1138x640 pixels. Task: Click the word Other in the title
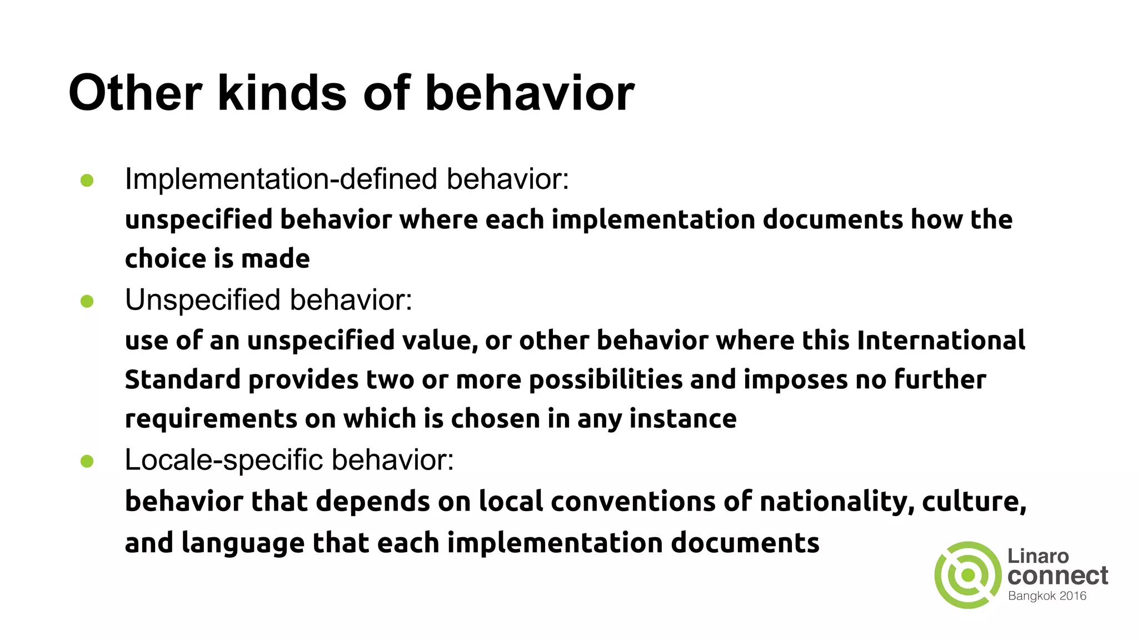135,93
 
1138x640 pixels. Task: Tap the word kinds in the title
282,93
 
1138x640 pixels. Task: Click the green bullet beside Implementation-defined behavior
87,180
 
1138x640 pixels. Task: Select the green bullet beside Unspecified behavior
87,301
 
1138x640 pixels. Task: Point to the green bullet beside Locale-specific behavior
87,461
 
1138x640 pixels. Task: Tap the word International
941,340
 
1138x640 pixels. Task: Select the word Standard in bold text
183,379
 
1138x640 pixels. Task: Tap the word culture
974,502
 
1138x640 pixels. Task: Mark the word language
243,543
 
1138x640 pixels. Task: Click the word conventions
633,502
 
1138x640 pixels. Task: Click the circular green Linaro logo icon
968,575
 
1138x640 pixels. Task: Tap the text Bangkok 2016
1047,596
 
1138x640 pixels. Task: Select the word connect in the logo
1057,576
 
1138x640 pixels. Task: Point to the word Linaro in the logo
1038,556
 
